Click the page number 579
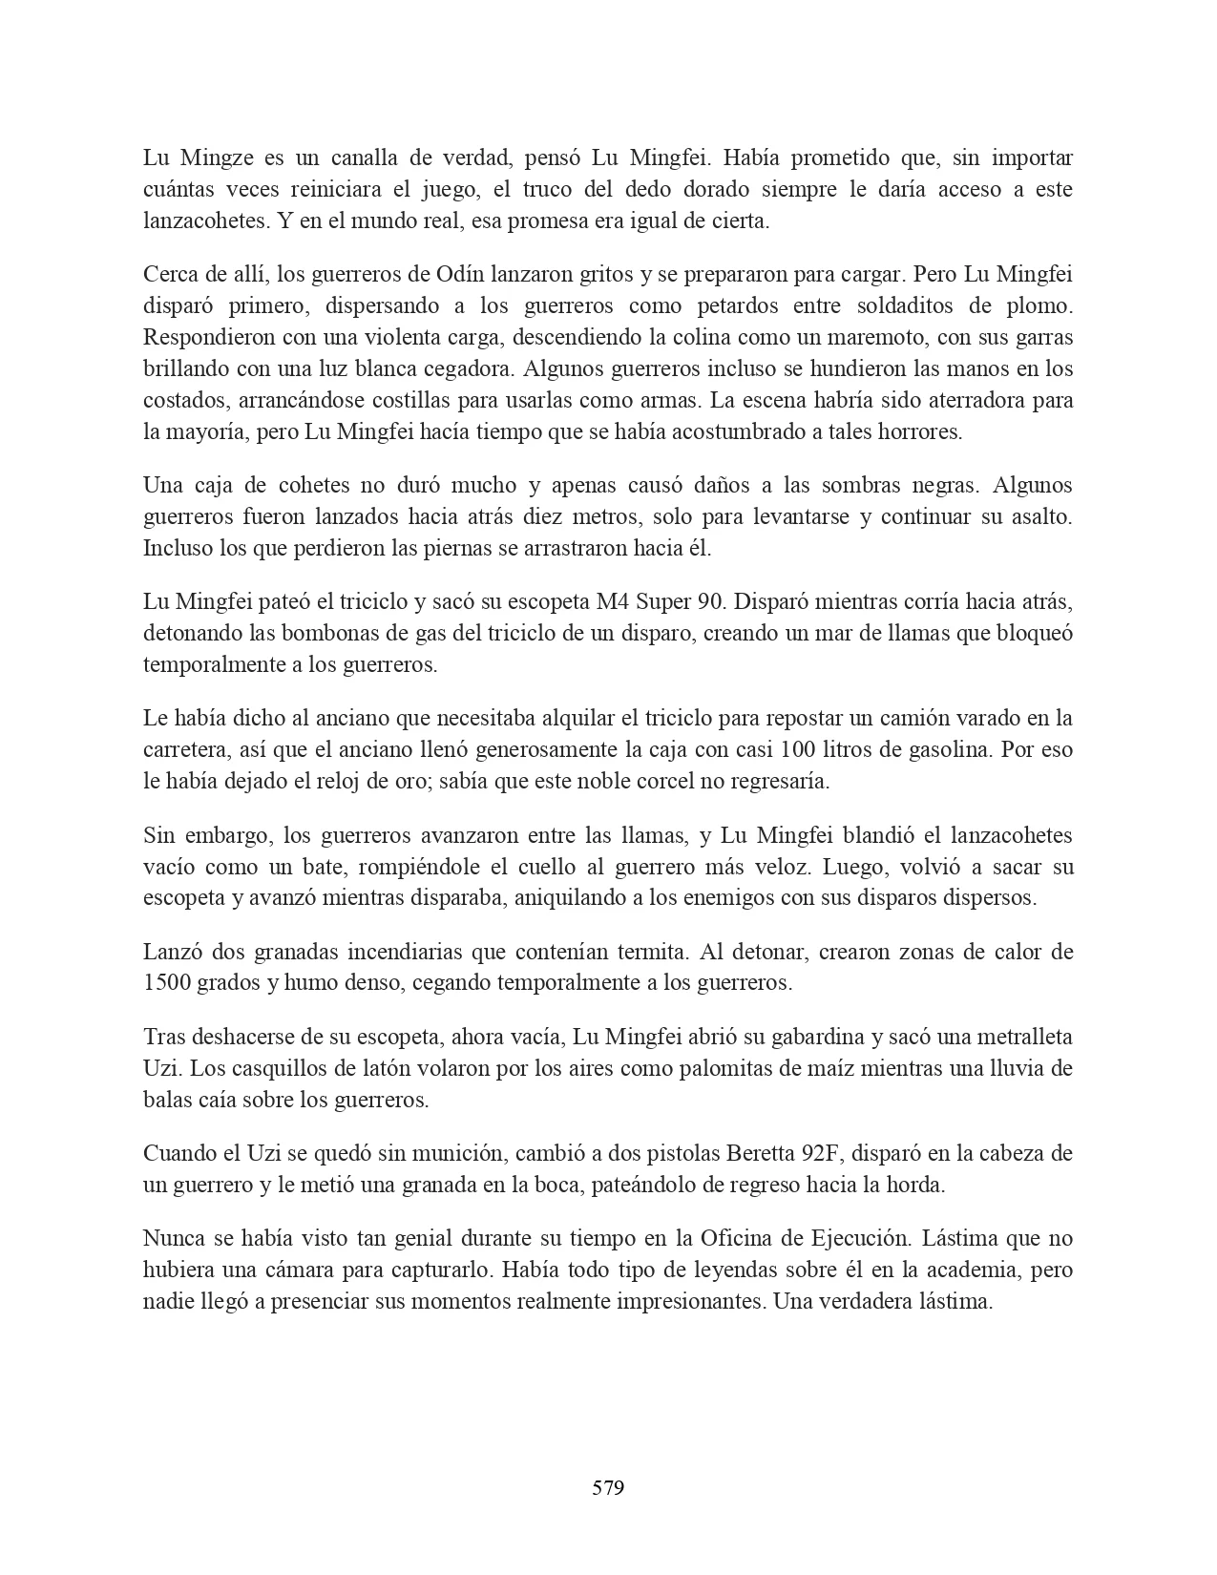608,1487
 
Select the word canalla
367,157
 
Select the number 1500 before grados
166,983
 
